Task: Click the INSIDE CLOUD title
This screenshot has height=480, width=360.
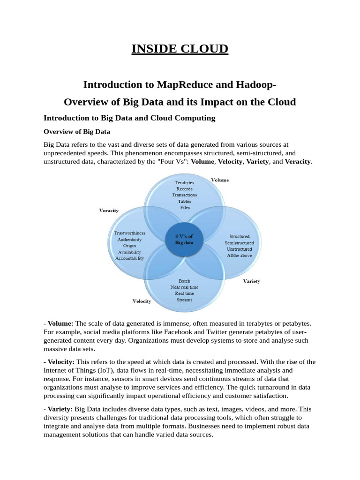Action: point(180,49)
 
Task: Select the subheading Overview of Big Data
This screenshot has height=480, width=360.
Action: point(77,132)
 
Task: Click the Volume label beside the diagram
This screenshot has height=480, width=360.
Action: point(220,180)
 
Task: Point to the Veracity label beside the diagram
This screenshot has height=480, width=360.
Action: point(109,210)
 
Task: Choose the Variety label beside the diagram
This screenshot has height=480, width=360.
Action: point(252,281)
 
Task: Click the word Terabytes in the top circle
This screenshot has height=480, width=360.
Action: point(184,182)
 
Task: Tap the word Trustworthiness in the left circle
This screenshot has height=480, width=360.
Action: point(129,233)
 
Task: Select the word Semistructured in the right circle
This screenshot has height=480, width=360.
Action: point(239,243)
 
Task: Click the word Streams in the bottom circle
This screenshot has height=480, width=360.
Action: point(184,300)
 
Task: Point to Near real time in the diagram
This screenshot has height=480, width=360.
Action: point(184,287)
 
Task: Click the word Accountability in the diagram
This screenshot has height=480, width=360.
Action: point(129,258)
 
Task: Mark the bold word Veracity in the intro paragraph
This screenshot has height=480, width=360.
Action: point(298,162)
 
